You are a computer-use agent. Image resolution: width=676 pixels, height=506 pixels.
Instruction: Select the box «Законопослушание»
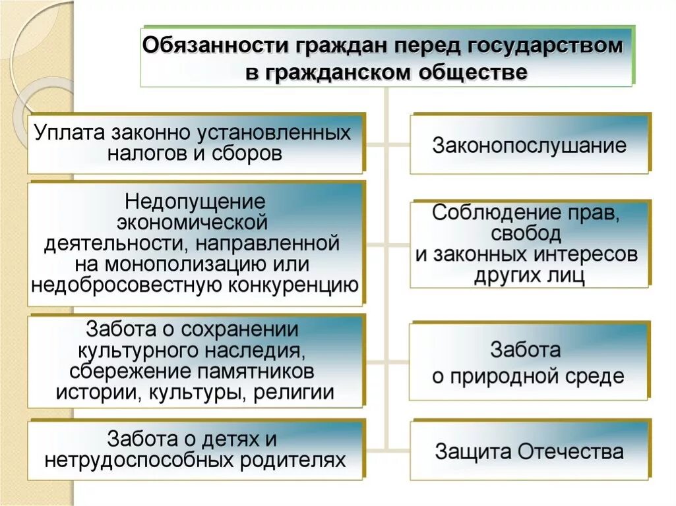[529, 145]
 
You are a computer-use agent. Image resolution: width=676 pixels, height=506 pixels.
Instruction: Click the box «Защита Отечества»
[529, 452]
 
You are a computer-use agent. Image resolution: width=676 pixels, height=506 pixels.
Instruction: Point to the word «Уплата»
[70, 132]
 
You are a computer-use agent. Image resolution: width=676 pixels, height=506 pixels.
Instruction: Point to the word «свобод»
[526, 233]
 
